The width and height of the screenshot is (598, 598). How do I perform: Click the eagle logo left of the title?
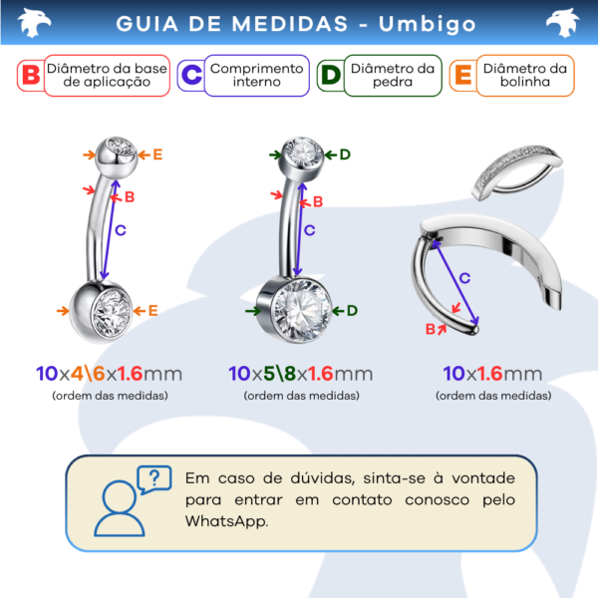tap(34, 23)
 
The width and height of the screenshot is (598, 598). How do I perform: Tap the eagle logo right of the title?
tap(562, 23)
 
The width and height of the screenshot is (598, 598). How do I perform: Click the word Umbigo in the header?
tap(428, 24)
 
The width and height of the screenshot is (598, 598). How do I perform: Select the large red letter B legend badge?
tap(31, 75)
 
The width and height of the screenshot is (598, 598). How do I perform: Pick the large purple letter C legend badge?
tap(191, 75)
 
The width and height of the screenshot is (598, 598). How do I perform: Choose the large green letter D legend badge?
tap(331, 75)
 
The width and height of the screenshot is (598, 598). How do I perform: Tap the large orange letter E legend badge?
tap(463, 75)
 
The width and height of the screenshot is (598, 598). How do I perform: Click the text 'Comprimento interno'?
tap(257, 75)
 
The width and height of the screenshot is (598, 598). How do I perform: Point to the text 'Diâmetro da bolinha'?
tap(525, 75)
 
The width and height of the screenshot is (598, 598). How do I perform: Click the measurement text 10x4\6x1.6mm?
tap(110, 374)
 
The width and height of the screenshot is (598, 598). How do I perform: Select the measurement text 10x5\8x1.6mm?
tap(301, 374)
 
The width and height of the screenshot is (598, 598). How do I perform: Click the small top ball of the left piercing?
tap(117, 157)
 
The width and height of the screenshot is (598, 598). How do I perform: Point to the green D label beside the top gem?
tap(345, 154)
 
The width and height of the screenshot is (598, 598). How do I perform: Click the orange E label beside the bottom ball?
tap(152, 310)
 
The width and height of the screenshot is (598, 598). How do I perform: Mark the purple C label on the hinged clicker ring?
tap(464, 278)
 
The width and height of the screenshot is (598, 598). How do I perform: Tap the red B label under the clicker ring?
tap(431, 329)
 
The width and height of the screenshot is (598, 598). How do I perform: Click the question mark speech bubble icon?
tap(154, 479)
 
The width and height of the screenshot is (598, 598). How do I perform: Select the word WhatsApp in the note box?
tap(226, 521)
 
